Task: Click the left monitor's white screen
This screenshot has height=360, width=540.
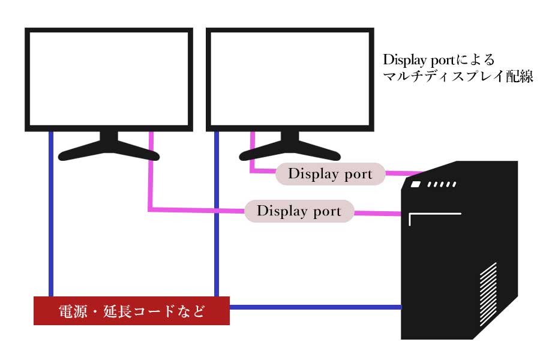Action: [109, 79]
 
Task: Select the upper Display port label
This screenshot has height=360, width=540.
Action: [329, 174]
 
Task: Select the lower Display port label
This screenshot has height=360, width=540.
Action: [298, 211]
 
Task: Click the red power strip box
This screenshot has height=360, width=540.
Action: [131, 311]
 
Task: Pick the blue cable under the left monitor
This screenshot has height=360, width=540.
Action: [51, 216]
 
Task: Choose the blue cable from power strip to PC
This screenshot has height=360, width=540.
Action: [315, 307]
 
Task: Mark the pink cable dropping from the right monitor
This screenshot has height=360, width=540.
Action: [251, 153]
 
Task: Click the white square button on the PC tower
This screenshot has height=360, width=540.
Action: [416, 185]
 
